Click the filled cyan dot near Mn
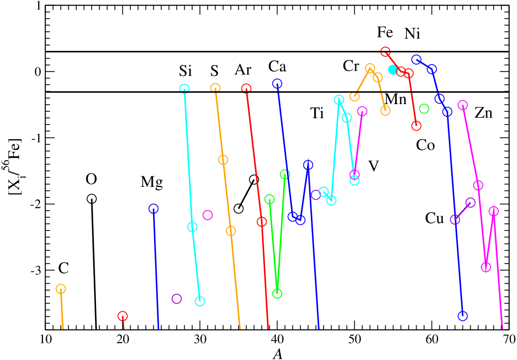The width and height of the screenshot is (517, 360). [392, 70]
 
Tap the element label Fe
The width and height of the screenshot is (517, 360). [385, 33]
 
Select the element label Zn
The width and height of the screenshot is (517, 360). [483, 113]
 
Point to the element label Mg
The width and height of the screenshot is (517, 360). [152, 182]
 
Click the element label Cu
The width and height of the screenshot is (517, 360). [434, 218]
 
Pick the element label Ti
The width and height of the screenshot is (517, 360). [317, 113]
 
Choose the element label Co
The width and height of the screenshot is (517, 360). [425, 145]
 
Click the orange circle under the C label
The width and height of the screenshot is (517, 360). [60, 289]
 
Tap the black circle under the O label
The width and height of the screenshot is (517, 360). [92, 199]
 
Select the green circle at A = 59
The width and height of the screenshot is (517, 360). [424, 109]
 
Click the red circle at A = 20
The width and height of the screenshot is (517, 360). [123, 316]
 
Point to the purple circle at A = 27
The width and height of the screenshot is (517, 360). [177, 299]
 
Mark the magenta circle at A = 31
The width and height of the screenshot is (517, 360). [207, 215]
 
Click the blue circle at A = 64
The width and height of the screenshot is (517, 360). [462, 315]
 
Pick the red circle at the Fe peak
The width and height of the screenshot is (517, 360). [386, 52]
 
